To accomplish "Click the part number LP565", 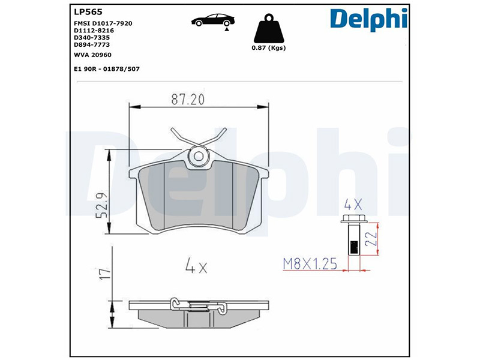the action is point(88,12).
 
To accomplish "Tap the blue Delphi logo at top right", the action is point(368,19).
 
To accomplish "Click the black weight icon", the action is point(269,28).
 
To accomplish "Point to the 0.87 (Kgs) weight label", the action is point(268,48).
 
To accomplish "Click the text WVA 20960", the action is point(93,55).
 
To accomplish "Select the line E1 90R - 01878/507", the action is point(107,69).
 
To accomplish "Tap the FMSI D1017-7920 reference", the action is point(103,23).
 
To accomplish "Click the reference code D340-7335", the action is point(92,38).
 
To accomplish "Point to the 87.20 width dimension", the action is point(188,99).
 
